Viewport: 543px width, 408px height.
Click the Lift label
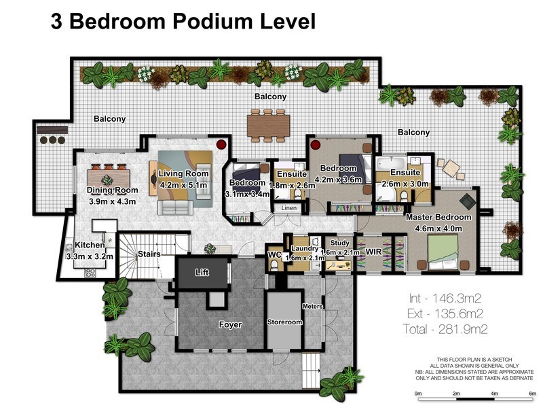pos(202,273)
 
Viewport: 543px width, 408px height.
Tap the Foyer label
pos(230,325)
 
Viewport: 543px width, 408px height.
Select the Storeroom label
pos(284,322)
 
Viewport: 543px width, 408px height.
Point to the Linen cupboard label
pos(289,208)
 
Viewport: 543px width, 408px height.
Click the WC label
pos(275,255)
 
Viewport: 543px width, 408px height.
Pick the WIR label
pos(374,252)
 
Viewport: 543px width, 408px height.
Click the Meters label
pos(312,307)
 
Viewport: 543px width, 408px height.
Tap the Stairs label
pos(149,254)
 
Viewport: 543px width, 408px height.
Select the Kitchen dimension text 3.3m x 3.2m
pos(90,257)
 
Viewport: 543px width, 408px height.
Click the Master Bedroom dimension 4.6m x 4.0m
pos(438,228)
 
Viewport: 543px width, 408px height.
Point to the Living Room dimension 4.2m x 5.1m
pos(183,185)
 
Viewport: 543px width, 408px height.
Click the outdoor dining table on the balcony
pos(268,126)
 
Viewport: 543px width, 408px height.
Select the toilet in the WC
pos(274,265)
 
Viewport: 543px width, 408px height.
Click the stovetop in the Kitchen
pos(91,273)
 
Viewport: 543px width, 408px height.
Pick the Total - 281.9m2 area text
pos(445,329)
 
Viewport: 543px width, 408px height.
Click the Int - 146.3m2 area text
pos(445,298)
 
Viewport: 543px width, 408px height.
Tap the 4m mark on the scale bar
pos(494,394)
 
